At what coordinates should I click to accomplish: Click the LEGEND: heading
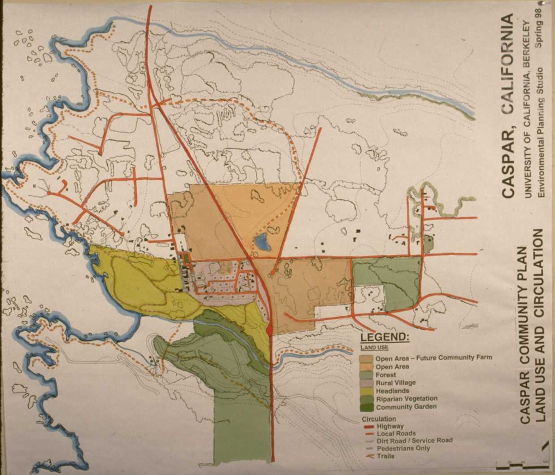point(385,337)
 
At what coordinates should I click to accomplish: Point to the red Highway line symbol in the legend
point(369,427)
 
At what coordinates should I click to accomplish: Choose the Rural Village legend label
point(396,383)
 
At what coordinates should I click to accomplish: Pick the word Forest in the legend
point(386,375)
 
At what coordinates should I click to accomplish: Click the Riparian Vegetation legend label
point(406,399)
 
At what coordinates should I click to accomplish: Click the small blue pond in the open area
point(262,243)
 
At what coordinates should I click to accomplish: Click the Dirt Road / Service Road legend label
point(415,440)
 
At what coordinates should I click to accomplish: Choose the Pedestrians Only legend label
point(403,448)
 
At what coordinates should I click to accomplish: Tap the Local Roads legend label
point(396,434)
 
